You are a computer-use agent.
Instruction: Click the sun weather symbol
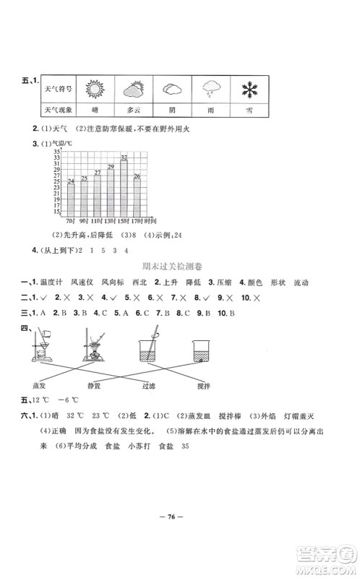pos(95,90)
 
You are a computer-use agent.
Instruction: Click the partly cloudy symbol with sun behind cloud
pos(132,90)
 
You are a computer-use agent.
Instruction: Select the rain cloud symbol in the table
pos(210,90)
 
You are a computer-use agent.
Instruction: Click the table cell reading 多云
pos(132,111)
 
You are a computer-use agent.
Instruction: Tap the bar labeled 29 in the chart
pos(111,190)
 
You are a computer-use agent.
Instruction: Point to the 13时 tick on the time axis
pos(111,219)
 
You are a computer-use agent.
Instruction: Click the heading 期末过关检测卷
pos(179,267)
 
